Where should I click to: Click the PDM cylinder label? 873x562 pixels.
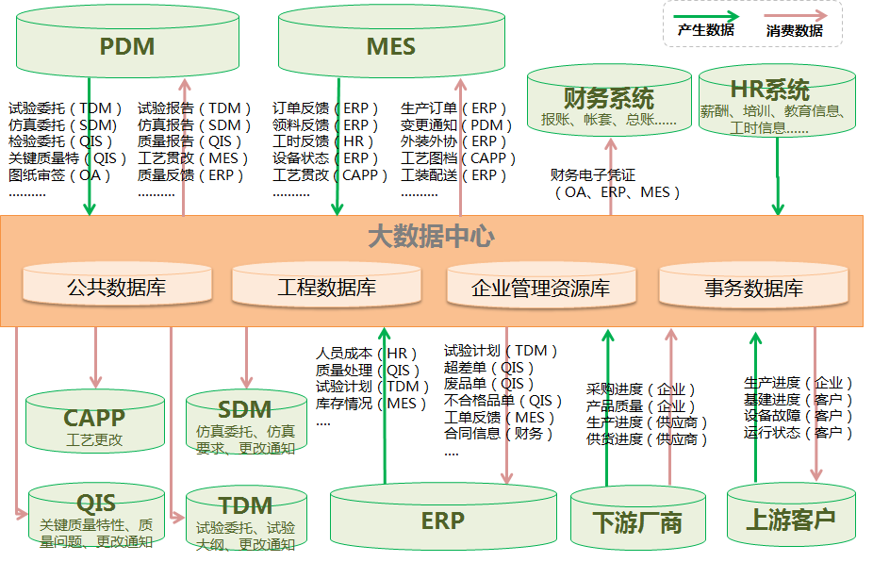pyautogui.click(x=127, y=46)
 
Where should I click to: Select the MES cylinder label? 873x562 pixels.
pyautogui.click(x=390, y=46)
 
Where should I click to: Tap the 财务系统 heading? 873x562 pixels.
pyautogui.click(x=608, y=98)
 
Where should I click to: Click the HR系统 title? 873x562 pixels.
pyautogui.click(x=769, y=91)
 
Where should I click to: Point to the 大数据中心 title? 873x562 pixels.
pyautogui.click(x=431, y=236)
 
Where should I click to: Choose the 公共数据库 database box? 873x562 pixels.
pyautogui.click(x=116, y=287)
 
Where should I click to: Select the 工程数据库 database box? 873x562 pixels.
pyautogui.click(x=326, y=287)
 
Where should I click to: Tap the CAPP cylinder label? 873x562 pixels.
pyautogui.click(x=94, y=418)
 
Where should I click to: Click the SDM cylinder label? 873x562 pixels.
pyautogui.click(x=244, y=410)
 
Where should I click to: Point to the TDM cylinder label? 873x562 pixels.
pyautogui.click(x=245, y=506)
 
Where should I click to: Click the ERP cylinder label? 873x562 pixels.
pyautogui.click(x=442, y=520)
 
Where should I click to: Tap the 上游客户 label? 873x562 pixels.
pyautogui.click(x=790, y=519)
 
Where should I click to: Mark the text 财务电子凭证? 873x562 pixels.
pyautogui.click(x=593, y=174)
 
